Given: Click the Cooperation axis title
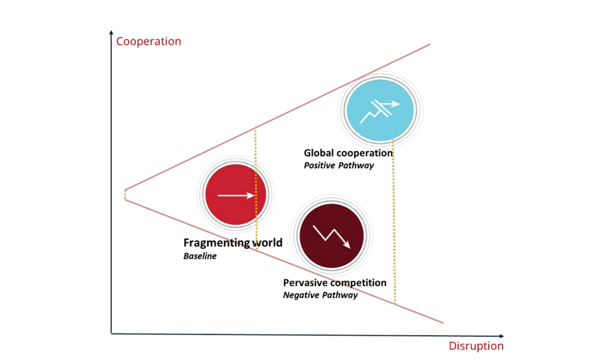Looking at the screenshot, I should click(x=149, y=41).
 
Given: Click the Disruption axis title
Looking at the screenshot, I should click(x=476, y=346).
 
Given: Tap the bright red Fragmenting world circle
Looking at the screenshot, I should click(x=233, y=194).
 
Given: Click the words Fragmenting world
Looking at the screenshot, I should click(x=233, y=243).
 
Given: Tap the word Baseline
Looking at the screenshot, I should click(x=200, y=256).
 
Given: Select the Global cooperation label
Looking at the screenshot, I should click(x=348, y=153).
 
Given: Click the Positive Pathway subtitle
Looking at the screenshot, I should click(x=339, y=166).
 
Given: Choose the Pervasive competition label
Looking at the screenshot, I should click(x=334, y=282).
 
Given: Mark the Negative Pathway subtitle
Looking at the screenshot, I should click(x=320, y=295).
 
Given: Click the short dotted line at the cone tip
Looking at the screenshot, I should click(x=125, y=194).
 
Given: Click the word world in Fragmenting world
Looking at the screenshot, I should click(x=265, y=243).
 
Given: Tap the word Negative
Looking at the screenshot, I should click(x=301, y=295).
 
